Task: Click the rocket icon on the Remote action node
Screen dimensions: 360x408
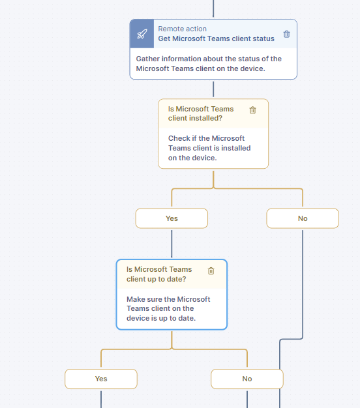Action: coord(142,34)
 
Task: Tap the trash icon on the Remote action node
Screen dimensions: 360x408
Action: coord(286,34)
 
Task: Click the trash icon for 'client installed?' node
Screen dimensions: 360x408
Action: coord(252,110)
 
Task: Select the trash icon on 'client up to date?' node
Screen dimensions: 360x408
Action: coord(211,271)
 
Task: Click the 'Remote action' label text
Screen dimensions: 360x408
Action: coord(182,29)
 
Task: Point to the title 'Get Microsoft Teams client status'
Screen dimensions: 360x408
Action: coord(216,38)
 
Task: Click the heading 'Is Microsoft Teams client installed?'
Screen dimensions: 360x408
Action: coord(201,113)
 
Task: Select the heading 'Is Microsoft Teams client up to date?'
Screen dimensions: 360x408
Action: coord(159,274)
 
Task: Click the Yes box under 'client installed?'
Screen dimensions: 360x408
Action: coord(172,218)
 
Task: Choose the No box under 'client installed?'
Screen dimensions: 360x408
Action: coord(303,218)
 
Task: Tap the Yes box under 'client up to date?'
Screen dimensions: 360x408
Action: coord(101,379)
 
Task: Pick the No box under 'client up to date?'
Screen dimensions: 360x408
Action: coord(247,379)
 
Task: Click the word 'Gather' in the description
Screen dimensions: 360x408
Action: coord(147,59)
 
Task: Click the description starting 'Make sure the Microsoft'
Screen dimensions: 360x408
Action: coord(168,308)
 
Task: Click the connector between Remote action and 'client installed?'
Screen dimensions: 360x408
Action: coord(213,89)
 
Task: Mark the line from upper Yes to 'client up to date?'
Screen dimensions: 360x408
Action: coord(172,244)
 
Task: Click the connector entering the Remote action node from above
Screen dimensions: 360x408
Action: coord(213,8)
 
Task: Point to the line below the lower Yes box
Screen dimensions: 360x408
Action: coord(101,399)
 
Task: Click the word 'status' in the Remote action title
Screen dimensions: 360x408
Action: coord(263,38)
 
